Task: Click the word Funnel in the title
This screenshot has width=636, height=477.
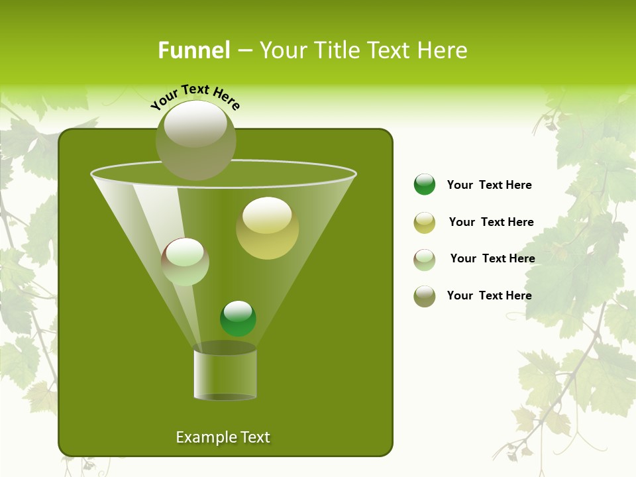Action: click(193, 50)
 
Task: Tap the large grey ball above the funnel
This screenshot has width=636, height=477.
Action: click(195, 140)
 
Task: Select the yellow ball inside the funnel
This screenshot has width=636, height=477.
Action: click(267, 228)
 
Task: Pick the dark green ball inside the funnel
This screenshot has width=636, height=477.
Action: click(238, 319)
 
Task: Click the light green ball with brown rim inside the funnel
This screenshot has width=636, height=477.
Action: click(185, 262)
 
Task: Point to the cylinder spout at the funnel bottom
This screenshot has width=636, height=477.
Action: click(225, 374)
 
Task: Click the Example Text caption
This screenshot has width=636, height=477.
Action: click(223, 437)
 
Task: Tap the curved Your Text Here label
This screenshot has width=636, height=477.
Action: click(195, 96)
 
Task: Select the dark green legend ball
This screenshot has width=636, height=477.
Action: click(425, 184)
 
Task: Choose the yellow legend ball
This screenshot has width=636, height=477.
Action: click(425, 223)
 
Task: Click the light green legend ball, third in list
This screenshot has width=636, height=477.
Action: click(425, 260)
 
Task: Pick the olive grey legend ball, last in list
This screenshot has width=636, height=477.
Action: click(425, 296)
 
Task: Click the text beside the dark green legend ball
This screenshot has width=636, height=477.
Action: click(489, 185)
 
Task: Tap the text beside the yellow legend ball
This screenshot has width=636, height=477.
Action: click(491, 223)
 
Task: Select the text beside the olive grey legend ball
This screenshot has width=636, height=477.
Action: click(489, 296)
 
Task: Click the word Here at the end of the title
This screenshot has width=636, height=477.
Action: click(443, 50)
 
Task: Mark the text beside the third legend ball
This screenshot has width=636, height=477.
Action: click(492, 259)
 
